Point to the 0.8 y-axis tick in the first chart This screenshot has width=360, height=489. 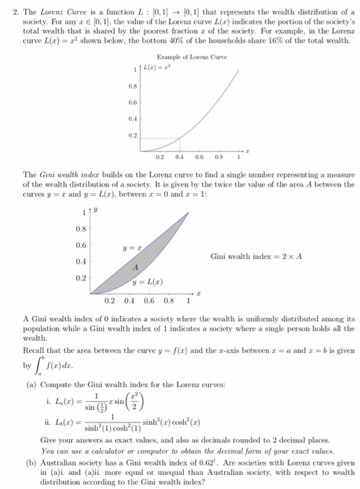[130, 88]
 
